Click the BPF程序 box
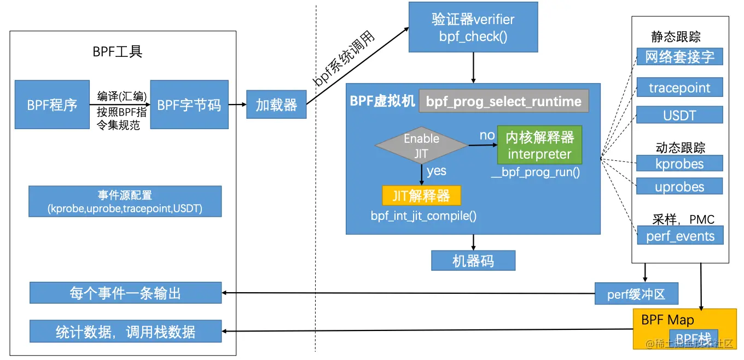coord(52,104)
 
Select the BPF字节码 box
coord(189,104)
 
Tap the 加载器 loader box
coord(276,104)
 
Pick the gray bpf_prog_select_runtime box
coord(504,101)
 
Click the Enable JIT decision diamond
coord(421,146)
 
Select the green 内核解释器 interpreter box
coord(539,146)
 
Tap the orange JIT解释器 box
coord(421,195)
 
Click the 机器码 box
coord(473,261)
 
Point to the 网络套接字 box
coord(680,56)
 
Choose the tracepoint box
coord(680,88)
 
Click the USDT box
coord(680,114)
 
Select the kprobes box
coord(680,163)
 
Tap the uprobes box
coord(680,186)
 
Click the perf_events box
coord(680,236)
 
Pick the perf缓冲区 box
coord(636,294)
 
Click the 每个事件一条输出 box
coord(125,293)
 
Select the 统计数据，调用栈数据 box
coord(125,332)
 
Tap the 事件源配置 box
coord(125,201)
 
